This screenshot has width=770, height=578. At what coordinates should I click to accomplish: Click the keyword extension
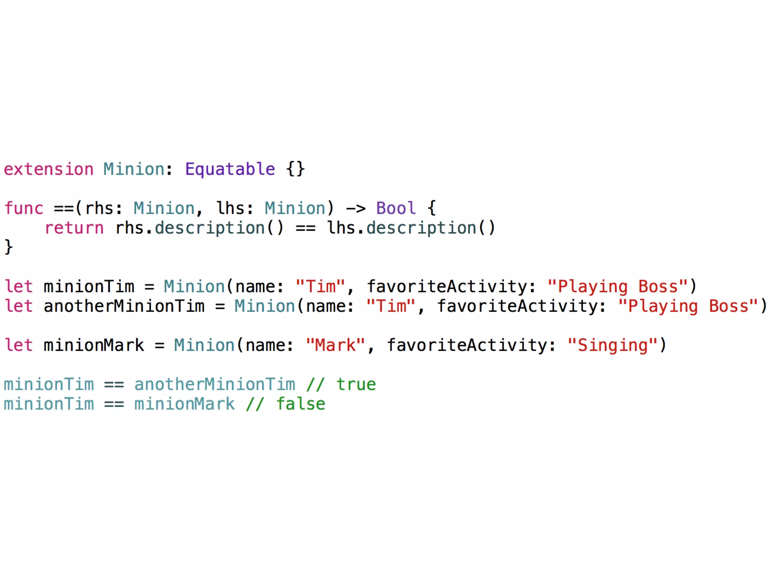pos(49,169)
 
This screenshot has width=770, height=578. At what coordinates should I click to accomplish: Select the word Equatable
pos(230,169)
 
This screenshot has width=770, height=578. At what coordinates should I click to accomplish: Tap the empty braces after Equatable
pos(295,169)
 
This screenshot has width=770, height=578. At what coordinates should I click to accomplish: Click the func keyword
pos(24,208)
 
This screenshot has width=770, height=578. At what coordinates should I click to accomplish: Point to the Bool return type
pos(396,208)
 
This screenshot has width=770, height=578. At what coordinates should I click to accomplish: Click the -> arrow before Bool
pos(355,208)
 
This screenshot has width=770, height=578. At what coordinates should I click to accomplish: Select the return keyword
pos(74,228)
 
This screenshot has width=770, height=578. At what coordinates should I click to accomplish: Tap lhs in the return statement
pos(341,228)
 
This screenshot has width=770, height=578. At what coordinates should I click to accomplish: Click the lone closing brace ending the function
pos(8,247)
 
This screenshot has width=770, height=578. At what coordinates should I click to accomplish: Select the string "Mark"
pos(335,345)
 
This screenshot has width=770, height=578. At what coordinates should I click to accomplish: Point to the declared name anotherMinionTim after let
pos(124,306)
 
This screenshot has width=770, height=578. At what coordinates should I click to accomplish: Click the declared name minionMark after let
pos(94,345)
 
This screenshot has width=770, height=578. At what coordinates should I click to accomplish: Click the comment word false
pos(301,404)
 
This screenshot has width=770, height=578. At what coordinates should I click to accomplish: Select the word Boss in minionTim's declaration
pos(658,286)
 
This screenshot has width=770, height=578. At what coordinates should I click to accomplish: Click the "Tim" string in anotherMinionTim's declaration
pos(391,306)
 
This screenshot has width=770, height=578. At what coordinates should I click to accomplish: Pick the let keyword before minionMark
pos(19,345)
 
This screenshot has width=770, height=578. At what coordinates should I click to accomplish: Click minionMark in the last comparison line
pos(184,404)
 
